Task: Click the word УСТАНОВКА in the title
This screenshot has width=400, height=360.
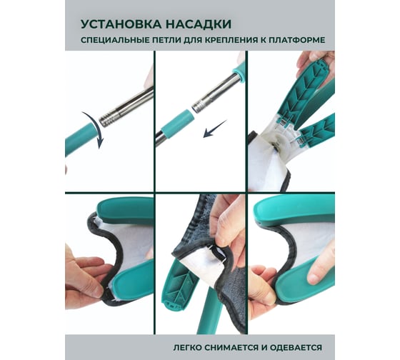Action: click(121, 24)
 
